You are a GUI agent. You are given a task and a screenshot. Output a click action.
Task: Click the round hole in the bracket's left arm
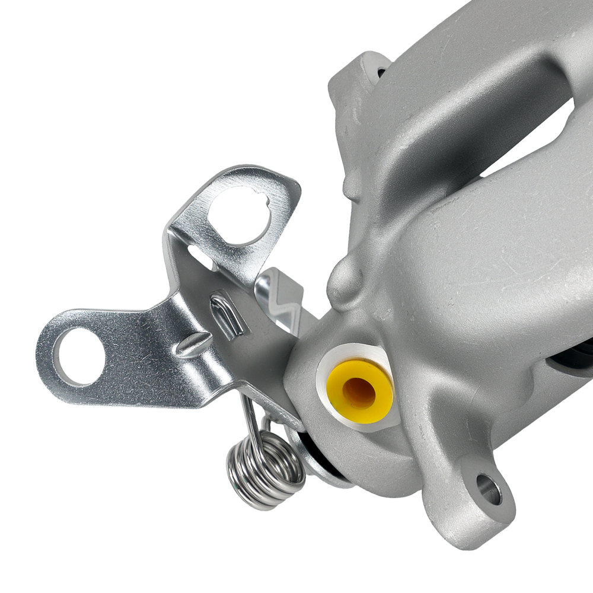(x=79, y=356)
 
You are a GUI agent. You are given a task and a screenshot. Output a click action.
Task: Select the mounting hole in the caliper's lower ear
(x=488, y=490)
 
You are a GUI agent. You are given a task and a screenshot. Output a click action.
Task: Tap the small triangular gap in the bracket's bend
(x=200, y=261)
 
